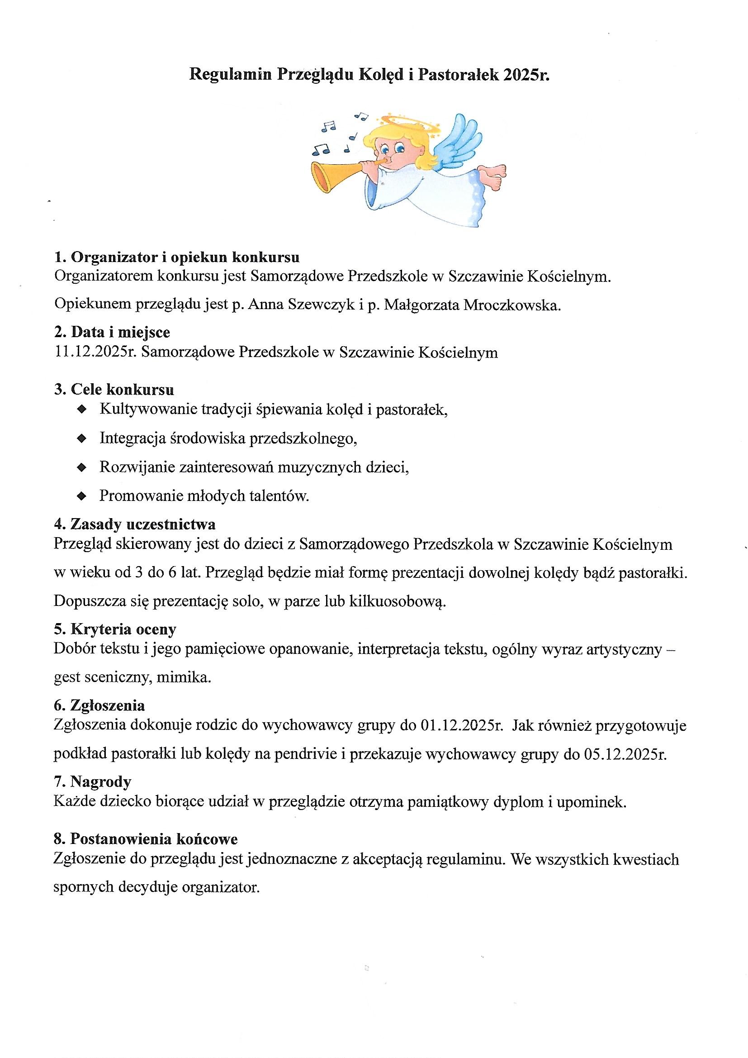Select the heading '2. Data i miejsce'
pos(112,332)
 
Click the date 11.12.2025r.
pos(95,353)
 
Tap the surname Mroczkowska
pos(512,305)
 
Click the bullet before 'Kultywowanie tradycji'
pos(82,409)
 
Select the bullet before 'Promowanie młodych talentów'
pos(82,496)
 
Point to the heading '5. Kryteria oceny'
pos(115,629)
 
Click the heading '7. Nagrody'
pos(93,782)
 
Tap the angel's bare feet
pos(493,176)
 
